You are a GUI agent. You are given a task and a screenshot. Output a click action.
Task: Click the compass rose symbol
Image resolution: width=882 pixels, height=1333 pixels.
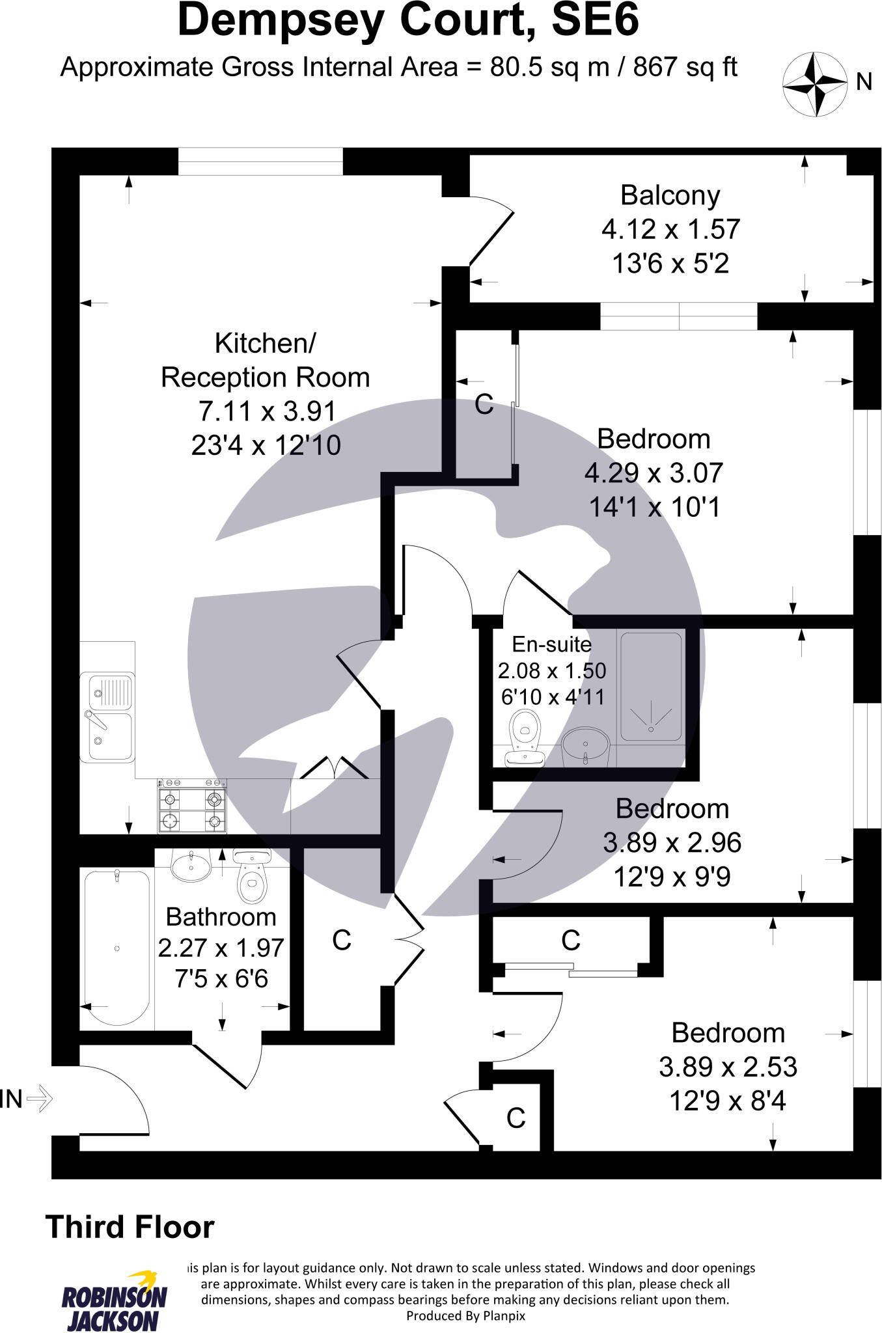click(814, 84)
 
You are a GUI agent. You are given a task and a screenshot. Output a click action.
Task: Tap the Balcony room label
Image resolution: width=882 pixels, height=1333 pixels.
click(670, 195)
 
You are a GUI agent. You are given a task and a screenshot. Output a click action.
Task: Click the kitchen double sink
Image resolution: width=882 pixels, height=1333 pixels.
click(108, 717)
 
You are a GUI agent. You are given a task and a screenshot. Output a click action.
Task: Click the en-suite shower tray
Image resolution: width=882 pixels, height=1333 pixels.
click(651, 686)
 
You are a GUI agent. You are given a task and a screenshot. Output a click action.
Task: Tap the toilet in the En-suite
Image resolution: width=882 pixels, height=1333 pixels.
click(525, 739)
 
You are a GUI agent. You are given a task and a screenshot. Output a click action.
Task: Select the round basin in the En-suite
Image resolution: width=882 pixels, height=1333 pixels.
click(585, 745)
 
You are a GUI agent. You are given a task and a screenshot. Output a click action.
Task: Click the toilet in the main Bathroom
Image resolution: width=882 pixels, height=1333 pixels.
click(252, 876)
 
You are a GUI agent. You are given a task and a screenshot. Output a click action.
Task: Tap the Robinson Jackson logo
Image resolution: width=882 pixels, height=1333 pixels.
click(114, 1300)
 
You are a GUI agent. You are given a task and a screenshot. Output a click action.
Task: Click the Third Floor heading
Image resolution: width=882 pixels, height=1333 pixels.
click(130, 1227)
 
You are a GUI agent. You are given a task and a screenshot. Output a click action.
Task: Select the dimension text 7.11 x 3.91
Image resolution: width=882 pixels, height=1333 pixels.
click(267, 411)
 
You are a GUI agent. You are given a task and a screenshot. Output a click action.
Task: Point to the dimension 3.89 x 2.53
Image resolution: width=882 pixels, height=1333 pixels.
click(728, 1067)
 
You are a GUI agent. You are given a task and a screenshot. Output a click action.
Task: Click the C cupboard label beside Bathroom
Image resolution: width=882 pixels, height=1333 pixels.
click(342, 940)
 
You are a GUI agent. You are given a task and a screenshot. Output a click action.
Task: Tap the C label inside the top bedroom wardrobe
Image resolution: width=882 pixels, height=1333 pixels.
click(484, 404)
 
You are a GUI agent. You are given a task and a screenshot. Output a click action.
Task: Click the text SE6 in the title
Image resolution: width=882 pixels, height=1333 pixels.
click(595, 21)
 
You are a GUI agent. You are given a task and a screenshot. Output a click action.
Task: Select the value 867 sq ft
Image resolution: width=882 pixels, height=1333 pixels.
click(685, 67)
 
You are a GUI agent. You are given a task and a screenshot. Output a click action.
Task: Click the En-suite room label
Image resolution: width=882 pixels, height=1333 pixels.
click(551, 644)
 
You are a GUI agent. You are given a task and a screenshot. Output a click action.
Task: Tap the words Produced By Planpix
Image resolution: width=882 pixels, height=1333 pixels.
click(465, 1315)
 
